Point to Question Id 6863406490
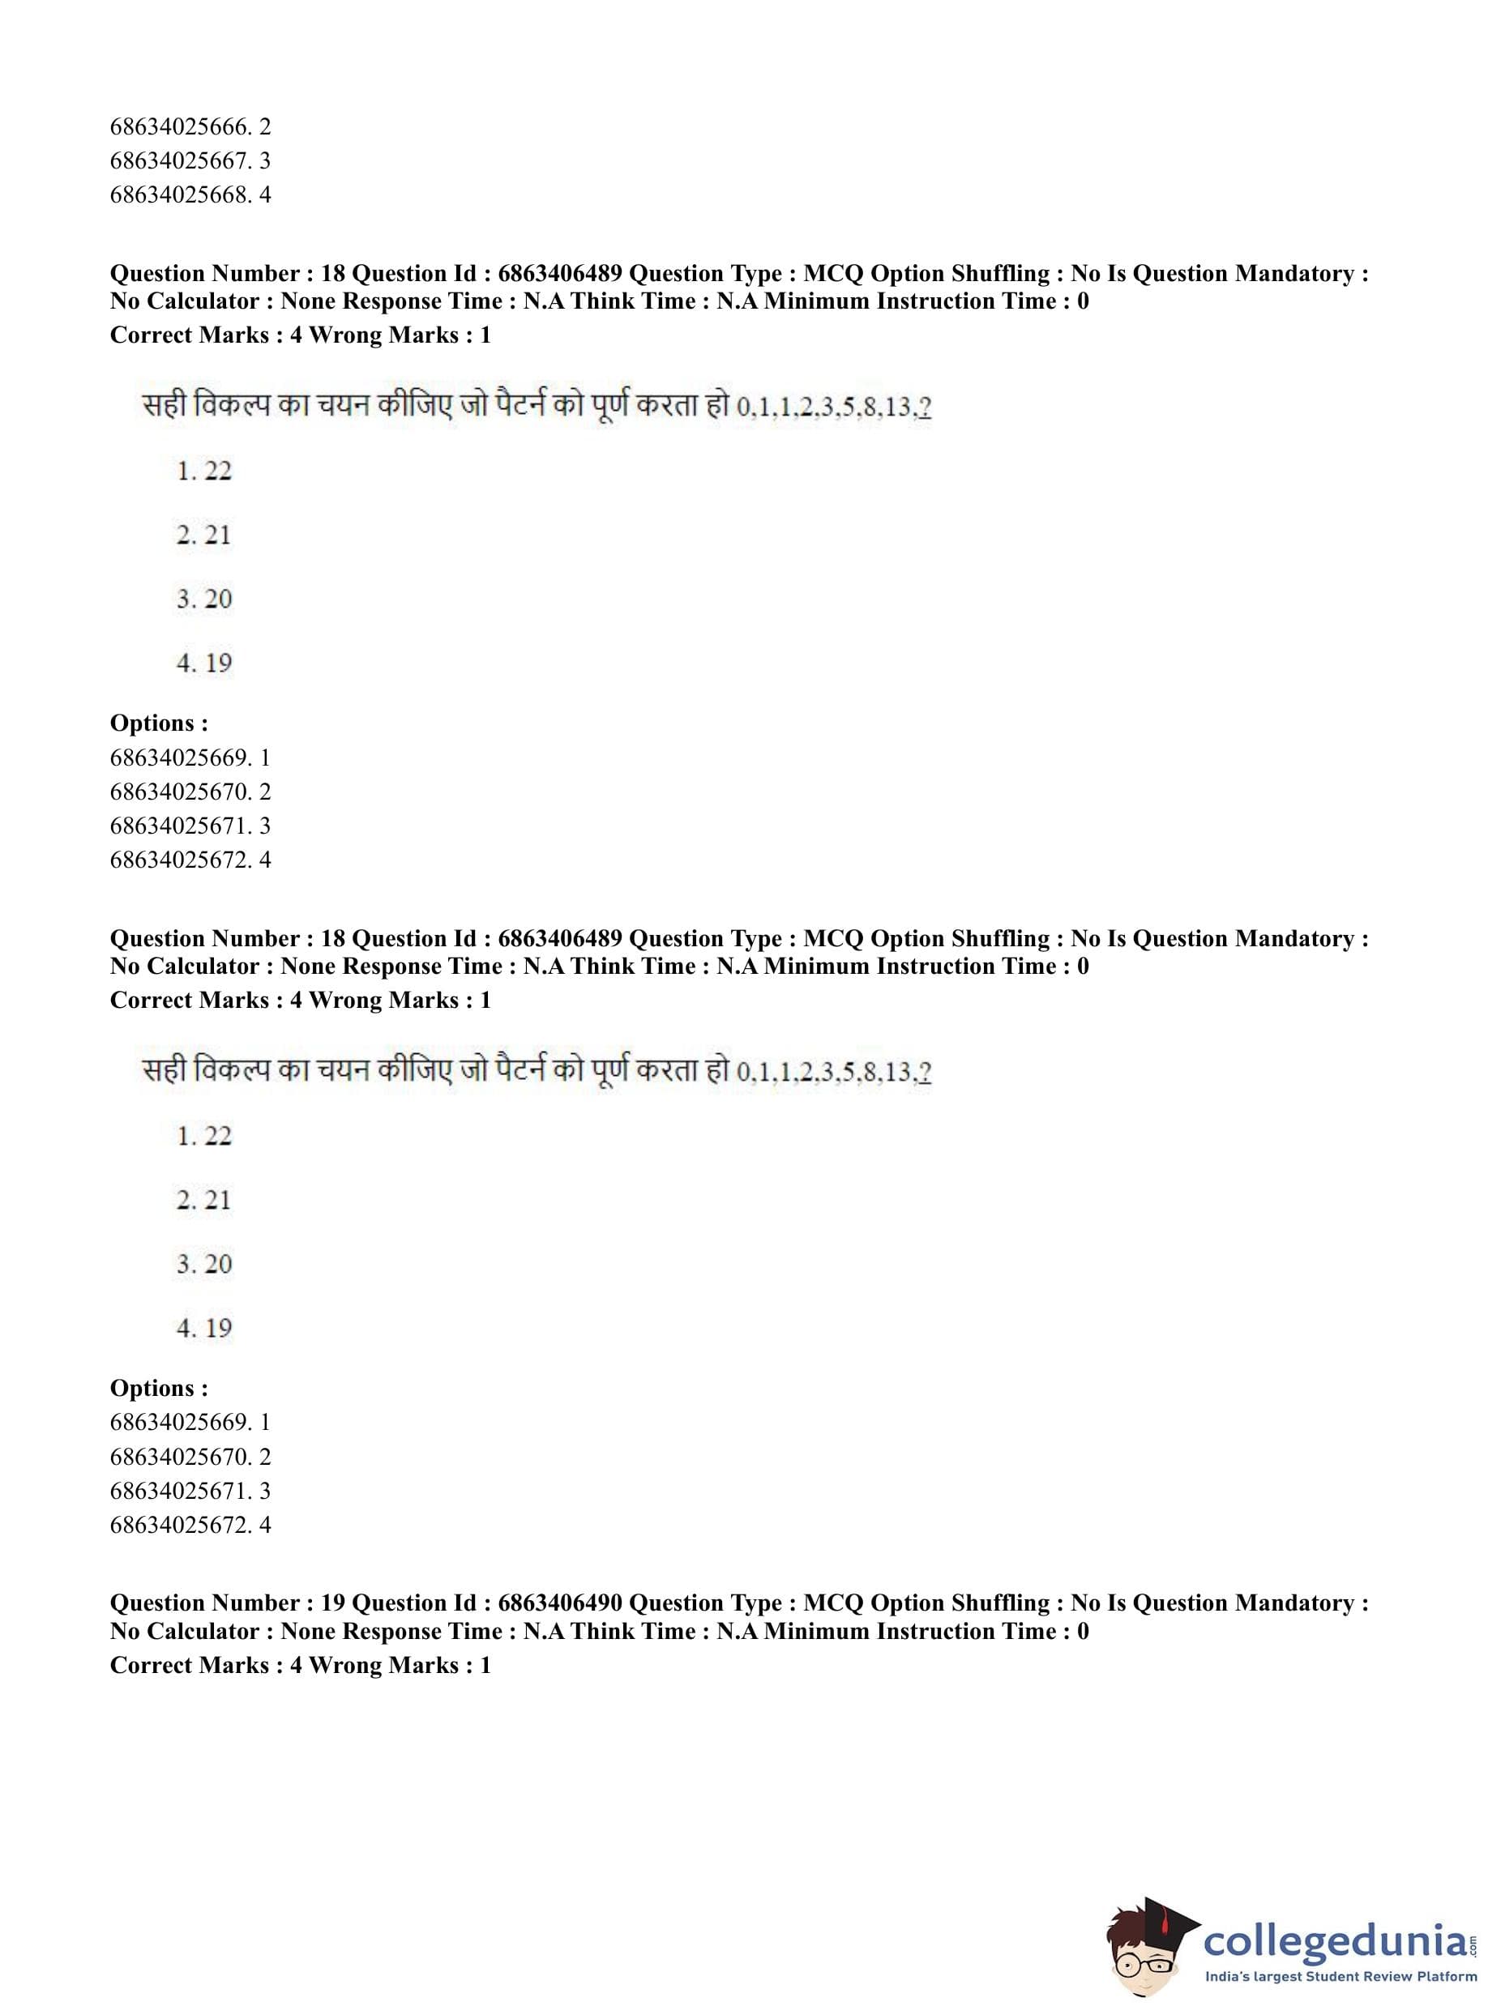(559, 1603)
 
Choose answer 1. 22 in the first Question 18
(204, 471)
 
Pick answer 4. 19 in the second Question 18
(204, 1328)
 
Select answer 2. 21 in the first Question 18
(204, 535)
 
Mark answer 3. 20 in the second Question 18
(204, 1264)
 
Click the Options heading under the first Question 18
(159, 723)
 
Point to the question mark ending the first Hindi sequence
(926, 408)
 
